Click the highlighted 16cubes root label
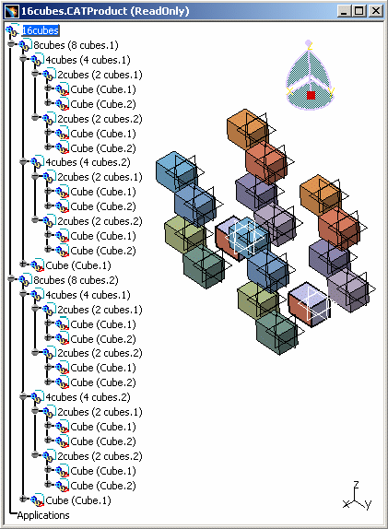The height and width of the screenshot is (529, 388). pos(41,30)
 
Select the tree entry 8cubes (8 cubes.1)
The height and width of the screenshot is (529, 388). pos(76,45)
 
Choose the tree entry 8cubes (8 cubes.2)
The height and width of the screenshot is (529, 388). pos(76,280)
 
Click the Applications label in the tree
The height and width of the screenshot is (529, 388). pos(43,515)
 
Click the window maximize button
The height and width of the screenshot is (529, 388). pos(359,11)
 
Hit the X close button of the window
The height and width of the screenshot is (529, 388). pos(375,11)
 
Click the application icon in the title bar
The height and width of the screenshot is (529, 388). pos(11,11)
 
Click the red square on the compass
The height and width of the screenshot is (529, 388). pos(312,95)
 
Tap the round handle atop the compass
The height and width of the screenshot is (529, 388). pos(309,43)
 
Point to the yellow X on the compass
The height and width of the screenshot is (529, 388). pos(289,92)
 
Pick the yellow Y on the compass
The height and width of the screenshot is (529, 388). pos(331,91)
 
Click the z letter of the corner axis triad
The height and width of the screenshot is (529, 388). pos(356,485)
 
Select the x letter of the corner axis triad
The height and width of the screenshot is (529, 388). pos(346,504)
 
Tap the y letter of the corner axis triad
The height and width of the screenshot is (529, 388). pos(368,505)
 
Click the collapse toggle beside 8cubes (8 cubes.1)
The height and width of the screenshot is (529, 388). pos(11,44)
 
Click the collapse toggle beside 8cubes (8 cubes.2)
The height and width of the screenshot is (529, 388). pos(11,278)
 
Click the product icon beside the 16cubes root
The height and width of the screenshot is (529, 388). pos(13,30)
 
